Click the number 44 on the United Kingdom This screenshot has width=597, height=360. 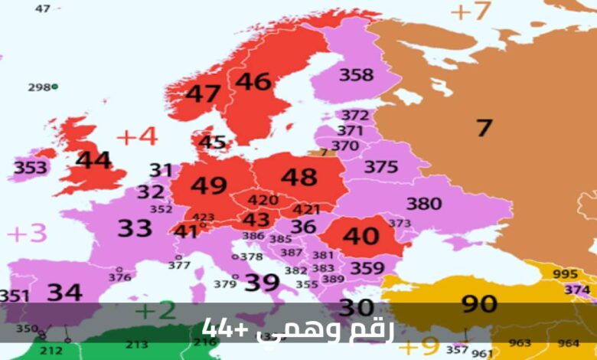pos(93,161)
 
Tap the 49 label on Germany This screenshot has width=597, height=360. pos(209,186)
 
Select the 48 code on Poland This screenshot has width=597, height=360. pos(298,177)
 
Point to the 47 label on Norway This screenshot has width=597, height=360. pos(204,94)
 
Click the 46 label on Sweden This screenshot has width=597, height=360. pos(253,81)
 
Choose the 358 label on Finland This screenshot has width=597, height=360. pos(356,75)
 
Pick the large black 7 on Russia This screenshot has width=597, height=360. pos(483,127)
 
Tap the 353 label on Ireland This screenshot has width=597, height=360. pos(30,168)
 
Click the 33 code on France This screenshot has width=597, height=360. pos(135,227)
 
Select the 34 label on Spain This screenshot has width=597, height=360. pos(64,292)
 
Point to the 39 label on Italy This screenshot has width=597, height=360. pos(262,282)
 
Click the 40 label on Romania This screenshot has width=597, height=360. pos(360,236)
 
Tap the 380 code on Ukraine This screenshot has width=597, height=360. pos(423,204)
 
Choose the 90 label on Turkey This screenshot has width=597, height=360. pos(479,304)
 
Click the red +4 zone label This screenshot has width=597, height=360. pos(137,136)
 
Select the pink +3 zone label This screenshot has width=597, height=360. pos(27,233)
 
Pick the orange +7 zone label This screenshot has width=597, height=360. pos(469,11)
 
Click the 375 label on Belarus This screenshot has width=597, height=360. pos(380,166)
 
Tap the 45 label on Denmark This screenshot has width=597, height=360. pos(212,142)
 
